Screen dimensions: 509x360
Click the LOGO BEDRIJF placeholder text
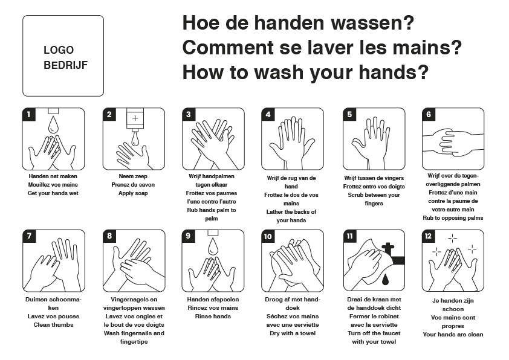(65, 57)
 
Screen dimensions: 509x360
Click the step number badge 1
(28, 114)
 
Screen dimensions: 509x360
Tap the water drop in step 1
(53, 125)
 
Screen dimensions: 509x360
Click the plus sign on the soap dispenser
(135, 118)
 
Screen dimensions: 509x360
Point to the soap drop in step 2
(135, 140)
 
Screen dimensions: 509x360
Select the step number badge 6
(429, 114)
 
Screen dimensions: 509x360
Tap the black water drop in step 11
(385, 279)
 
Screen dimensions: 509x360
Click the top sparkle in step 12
(453, 239)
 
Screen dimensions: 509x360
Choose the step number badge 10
(268, 236)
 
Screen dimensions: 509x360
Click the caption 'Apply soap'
(133, 193)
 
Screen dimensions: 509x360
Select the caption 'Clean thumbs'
(54, 324)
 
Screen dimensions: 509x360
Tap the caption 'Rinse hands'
(213, 317)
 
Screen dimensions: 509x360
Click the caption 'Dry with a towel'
(293, 333)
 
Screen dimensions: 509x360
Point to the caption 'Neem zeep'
(133, 176)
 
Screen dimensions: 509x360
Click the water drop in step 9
(213, 246)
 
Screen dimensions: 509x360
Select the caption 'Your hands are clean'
(453, 335)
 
